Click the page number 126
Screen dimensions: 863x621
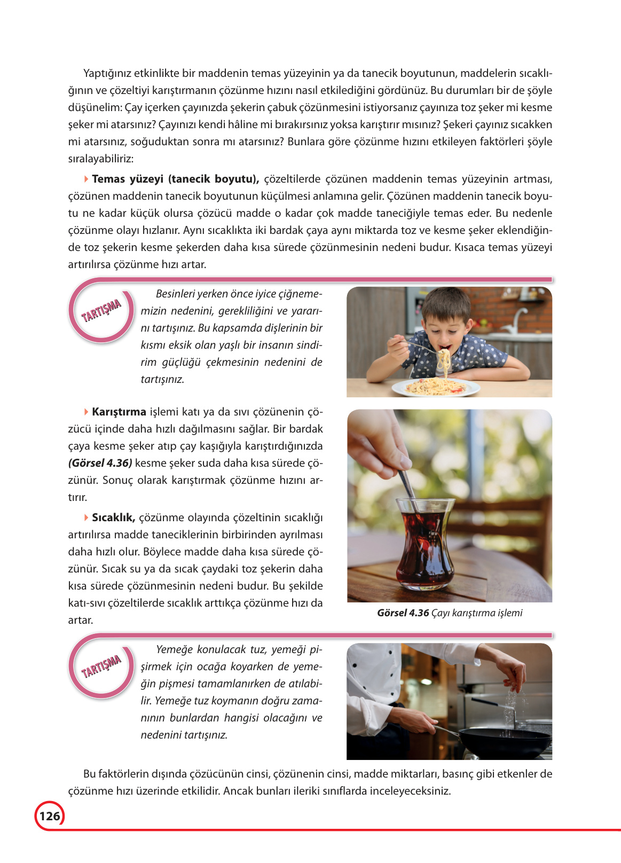coord(50,816)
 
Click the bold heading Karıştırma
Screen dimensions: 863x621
coord(119,412)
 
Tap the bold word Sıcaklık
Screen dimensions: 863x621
coord(113,517)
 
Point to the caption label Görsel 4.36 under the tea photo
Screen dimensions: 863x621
coord(403,613)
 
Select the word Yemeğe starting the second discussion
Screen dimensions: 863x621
coord(174,650)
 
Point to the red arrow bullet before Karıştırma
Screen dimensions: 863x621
coord(87,412)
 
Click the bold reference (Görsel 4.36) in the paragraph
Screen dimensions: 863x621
coord(100,463)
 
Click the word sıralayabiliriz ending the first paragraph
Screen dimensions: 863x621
coord(100,159)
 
